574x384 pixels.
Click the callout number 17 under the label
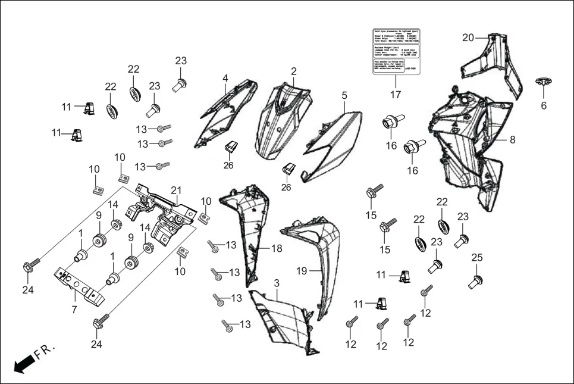[396, 95]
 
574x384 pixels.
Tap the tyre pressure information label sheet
[395, 51]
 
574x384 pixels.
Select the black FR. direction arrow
[23, 362]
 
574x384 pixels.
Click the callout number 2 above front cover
[294, 71]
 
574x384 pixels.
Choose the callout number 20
[468, 38]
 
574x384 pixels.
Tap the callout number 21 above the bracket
[175, 190]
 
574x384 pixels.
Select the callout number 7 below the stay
[74, 310]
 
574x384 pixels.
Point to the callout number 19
[302, 271]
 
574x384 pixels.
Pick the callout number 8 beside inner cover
[512, 140]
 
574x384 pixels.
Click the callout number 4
[225, 78]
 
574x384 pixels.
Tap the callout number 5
[344, 95]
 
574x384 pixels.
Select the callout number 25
[476, 257]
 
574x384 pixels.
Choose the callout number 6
[543, 105]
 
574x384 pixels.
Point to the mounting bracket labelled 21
[161, 213]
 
